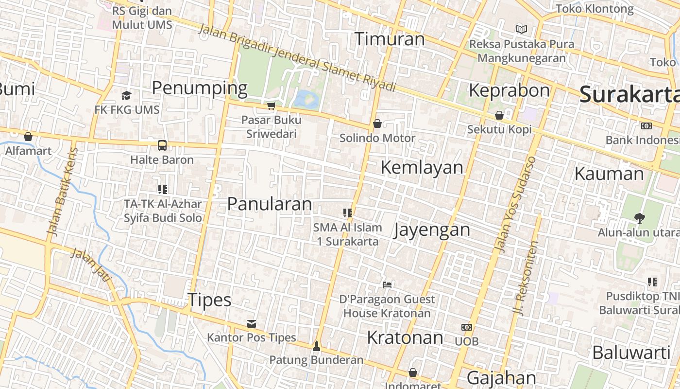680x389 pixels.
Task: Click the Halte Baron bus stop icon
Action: tap(162, 145)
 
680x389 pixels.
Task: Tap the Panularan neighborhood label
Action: tap(270, 204)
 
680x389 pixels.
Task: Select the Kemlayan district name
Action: tap(422, 167)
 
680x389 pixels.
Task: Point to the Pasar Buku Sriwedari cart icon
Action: tap(272, 106)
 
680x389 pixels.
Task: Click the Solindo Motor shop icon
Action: tap(377, 124)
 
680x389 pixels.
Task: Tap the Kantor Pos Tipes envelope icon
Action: tap(252, 323)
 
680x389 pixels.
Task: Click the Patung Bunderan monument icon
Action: tap(317, 346)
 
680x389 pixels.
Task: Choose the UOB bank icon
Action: tap(467, 327)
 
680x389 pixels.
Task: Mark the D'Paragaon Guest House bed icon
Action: tap(387, 284)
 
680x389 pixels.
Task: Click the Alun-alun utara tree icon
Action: tap(639, 218)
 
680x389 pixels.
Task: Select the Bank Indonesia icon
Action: tap(646, 126)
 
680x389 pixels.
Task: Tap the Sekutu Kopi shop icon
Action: tap(499, 115)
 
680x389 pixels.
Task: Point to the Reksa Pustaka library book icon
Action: tap(522, 29)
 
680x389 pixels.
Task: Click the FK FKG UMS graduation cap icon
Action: tap(127, 95)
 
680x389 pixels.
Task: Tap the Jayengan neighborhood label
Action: tap(432, 230)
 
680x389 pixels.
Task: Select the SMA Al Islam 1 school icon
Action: tap(347, 212)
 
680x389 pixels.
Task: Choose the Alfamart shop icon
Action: tap(28, 137)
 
